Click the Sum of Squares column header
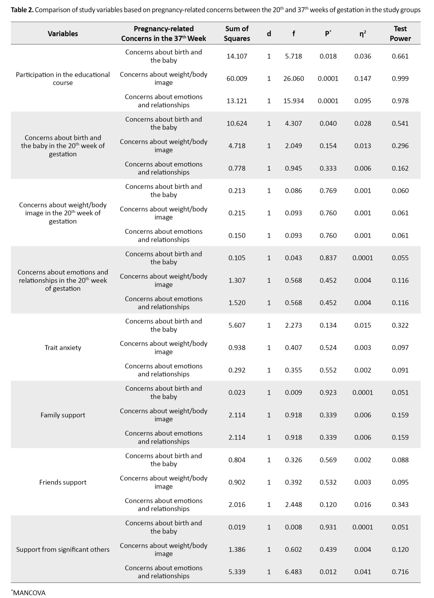tap(237, 33)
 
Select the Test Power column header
tap(400, 33)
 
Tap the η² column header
tap(363, 34)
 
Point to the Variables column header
tap(63, 34)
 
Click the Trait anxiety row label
tap(63, 347)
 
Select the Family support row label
tap(63, 415)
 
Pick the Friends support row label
tap(63, 482)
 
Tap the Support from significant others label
tap(63, 550)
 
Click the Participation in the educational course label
tap(63, 79)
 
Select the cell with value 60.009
tap(237, 79)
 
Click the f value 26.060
tap(293, 79)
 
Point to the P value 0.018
tap(328, 56)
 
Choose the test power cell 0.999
tap(400, 79)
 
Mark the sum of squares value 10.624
tap(237, 123)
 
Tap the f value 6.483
tap(293, 572)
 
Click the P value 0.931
tap(328, 527)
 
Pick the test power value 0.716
tap(400, 572)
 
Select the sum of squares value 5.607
tap(237, 325)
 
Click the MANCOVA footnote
tap(29, 593)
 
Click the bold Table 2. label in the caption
tap(22, 10)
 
